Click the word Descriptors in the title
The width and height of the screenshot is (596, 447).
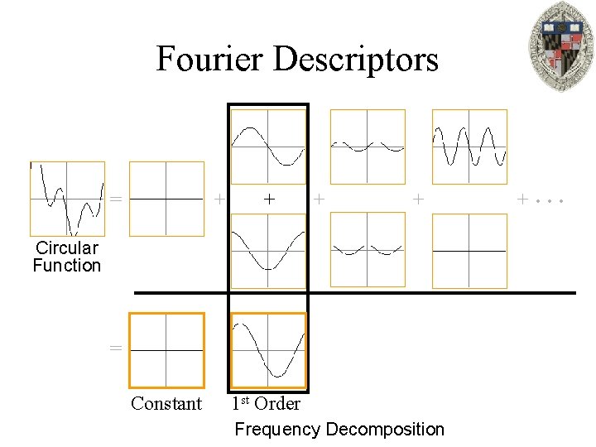(355, 60)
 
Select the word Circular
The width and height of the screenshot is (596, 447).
(66, 248)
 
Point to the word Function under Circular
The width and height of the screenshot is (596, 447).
(66, 266)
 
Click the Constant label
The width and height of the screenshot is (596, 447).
(166, 404)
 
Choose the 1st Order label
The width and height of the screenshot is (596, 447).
(265, 403)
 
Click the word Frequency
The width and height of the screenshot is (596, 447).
(277, 430)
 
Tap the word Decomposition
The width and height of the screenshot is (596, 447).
(385, 430)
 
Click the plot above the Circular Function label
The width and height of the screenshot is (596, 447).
(67, 199)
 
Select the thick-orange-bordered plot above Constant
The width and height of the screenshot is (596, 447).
(166, 350)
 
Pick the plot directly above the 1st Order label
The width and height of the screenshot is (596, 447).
(268, 350)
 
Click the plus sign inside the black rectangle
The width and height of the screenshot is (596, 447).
(268, 199)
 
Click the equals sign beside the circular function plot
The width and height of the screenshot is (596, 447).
(116, 199)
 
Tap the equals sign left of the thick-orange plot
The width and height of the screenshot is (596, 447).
(116, 348)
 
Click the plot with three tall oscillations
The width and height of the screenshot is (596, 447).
(469, 147)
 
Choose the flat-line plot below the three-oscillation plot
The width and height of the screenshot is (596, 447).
(469, 251)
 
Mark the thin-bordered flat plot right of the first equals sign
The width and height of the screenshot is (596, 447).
(166, 199)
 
